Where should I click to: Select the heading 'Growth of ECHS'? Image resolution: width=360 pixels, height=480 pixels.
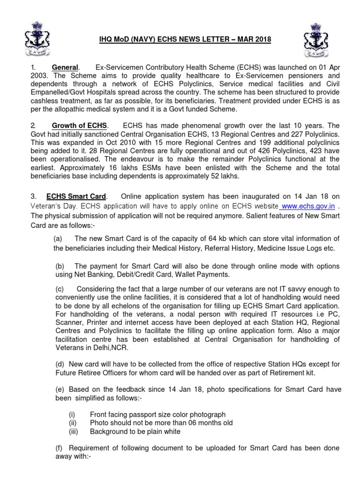(79, 126)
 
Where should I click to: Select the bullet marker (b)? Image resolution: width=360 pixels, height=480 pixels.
(60, 265)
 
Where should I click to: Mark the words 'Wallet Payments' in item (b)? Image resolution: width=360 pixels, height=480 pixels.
(196, 274)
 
